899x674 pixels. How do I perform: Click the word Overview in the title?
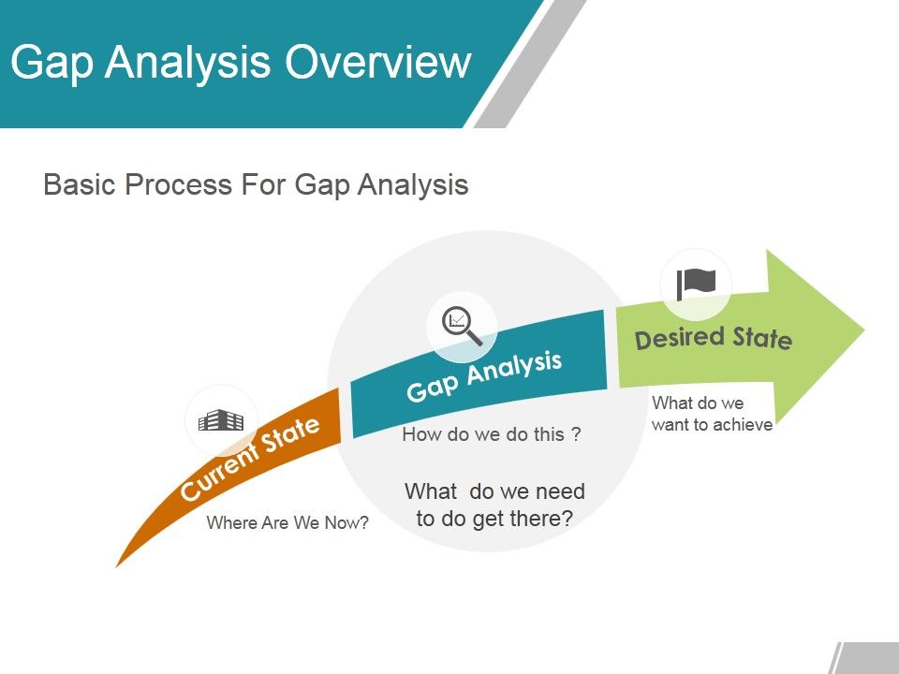377,63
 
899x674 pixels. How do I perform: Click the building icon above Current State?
221,420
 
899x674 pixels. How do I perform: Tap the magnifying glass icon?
461,326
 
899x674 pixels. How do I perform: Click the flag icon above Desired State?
696,281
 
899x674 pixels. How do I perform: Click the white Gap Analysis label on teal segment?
483,376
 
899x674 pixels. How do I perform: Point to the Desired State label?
714,337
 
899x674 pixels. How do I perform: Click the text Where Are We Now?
287,523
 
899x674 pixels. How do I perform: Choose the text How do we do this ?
492,434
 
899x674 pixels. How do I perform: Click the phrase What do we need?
494,491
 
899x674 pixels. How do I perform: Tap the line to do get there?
494,519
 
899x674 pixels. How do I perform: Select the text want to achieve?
712,425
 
